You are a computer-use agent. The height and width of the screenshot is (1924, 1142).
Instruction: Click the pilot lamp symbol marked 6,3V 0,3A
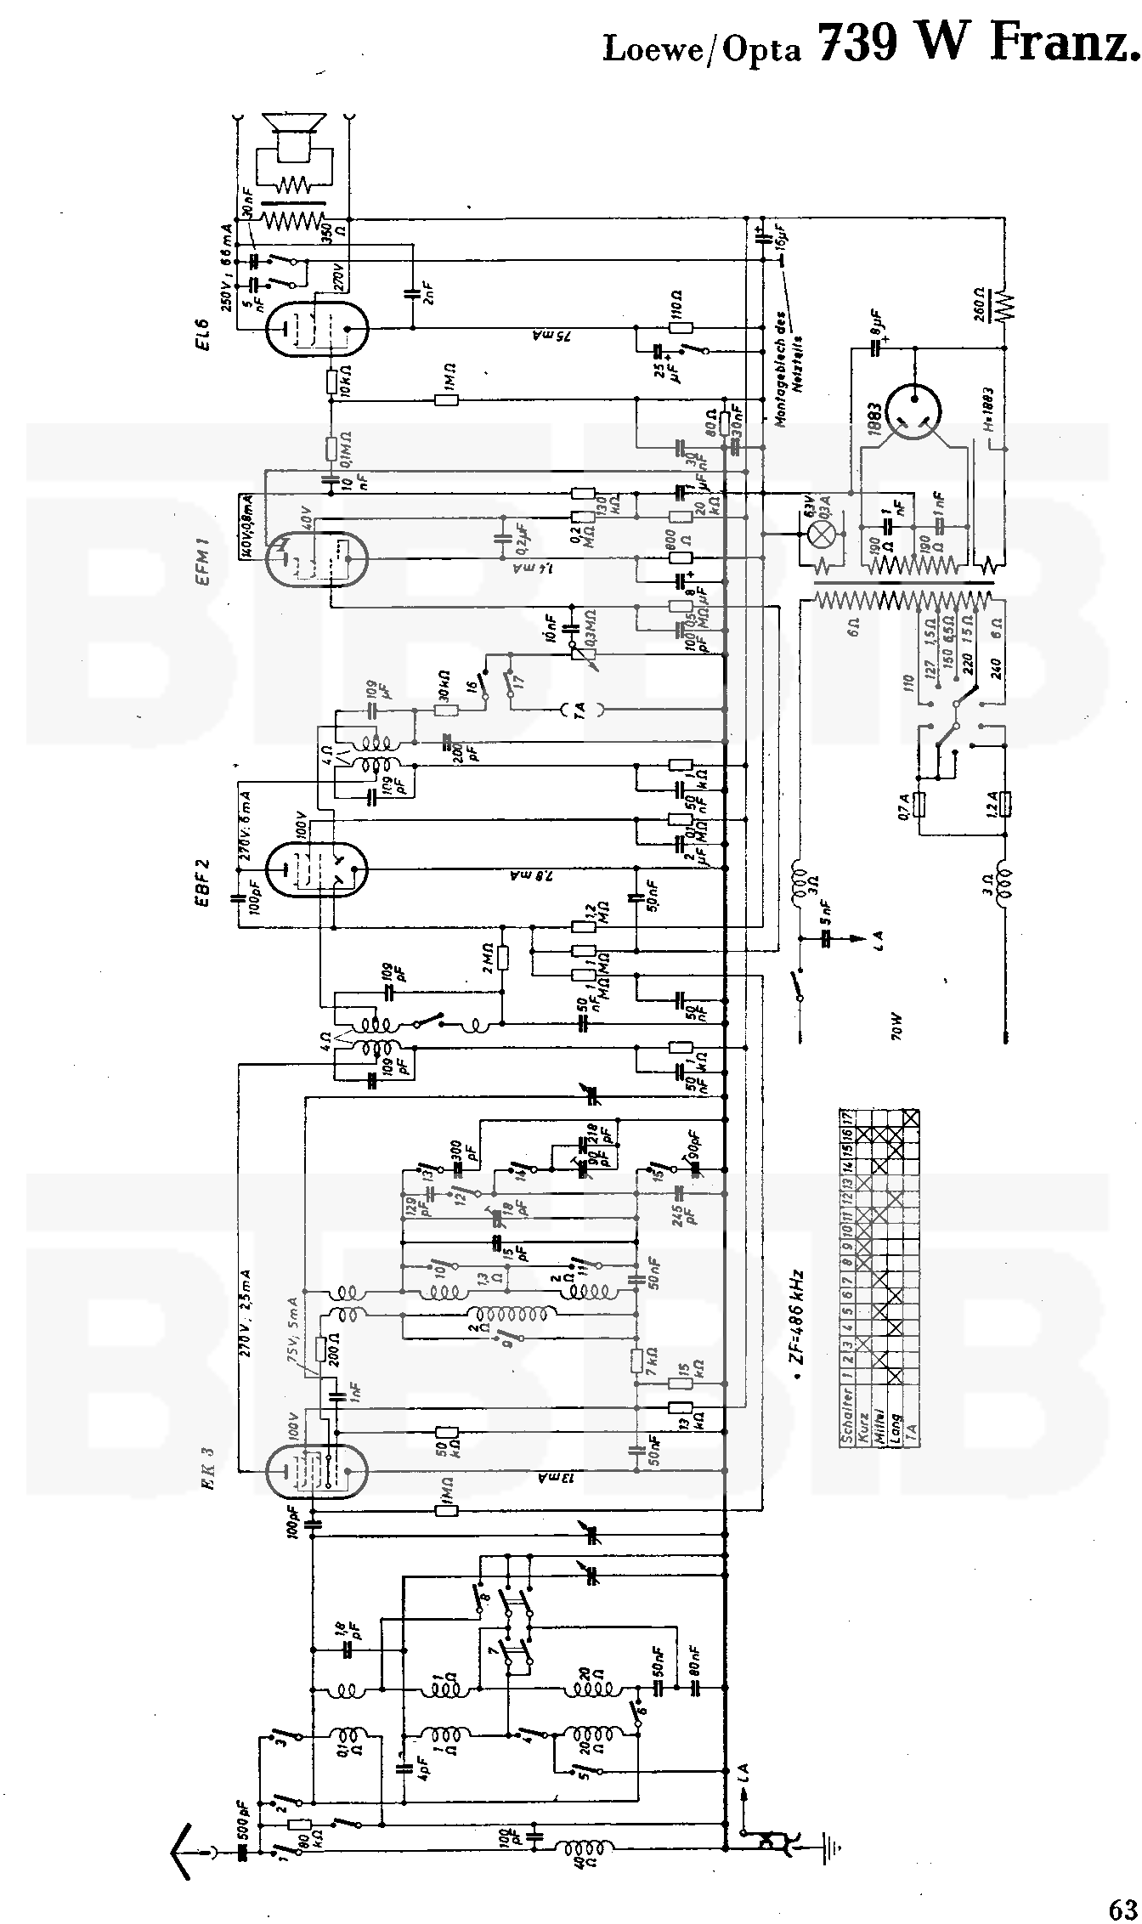(x=822, y=534)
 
